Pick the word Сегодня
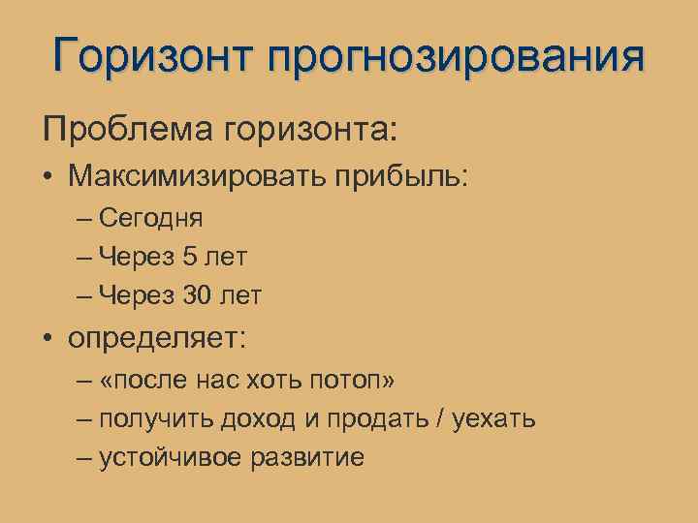coord(150,220)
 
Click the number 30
coord(196,294)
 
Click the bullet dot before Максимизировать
coord(47,177)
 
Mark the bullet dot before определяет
coord(47,339)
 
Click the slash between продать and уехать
coord(443,419)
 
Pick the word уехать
coord(495,420)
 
